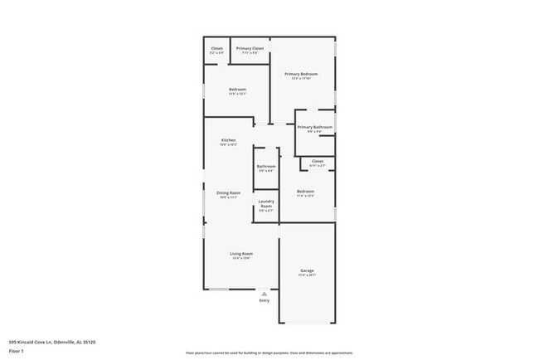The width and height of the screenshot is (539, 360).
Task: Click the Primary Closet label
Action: pos(250,49)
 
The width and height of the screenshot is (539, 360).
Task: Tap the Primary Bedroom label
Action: pos(301,74)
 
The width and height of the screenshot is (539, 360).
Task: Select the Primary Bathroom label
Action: pos(314,127)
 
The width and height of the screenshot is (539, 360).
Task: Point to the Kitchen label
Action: pos(229,140)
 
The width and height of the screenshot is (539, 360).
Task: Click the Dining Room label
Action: pos(229,192)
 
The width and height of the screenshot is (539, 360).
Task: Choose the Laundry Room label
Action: pos(266,203)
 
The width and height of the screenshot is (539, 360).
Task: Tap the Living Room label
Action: pos(241,253)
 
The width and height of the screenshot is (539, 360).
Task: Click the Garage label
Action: pos(307,270)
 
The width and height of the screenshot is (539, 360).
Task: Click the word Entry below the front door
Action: pos(264,300)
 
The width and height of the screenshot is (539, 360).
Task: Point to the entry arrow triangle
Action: pos(264,293)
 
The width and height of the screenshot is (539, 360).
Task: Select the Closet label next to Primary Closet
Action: pos(217,49)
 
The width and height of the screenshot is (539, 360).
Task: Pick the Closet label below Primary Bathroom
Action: pos(317,161)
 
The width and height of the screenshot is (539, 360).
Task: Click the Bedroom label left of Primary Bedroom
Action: pos(238,90)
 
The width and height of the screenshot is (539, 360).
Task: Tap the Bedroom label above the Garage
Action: pos(305,192)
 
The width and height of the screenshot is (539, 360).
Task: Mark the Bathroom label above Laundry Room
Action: pos(266,166)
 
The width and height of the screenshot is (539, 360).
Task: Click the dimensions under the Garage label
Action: pos(307,275)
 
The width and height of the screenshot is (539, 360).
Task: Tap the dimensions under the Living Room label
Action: pos(241,258)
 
